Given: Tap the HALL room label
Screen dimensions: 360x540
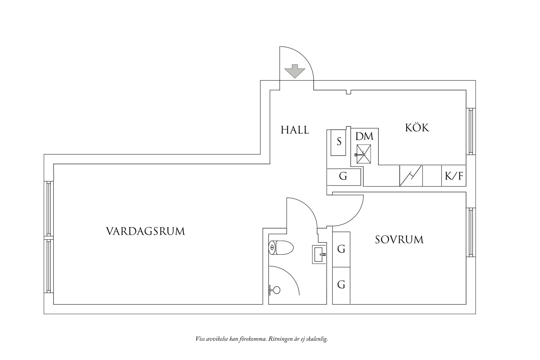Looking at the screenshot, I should tap(295, 130).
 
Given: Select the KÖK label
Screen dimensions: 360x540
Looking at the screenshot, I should tap(417, 128).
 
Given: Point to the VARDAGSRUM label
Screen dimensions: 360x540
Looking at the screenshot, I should tap(145, 231).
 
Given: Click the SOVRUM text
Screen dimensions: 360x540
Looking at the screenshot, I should tap(399, 240).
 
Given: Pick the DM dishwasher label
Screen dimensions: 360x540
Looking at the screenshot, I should tap(364, 136).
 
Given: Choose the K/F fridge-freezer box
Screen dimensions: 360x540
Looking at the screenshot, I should tap(454, 176).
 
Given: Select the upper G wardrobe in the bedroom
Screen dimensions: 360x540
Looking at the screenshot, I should tap(341, 249).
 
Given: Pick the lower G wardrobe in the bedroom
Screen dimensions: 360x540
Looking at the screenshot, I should tap(341, 285).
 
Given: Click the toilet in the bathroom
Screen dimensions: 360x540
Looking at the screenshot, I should tap(281, 248).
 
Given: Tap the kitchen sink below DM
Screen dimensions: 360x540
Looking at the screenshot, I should tap(363, 154).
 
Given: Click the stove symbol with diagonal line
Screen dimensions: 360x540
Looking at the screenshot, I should tap(411, 176).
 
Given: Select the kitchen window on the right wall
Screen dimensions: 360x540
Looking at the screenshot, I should tap(471, 132).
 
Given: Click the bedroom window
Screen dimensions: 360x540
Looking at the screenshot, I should tap(471, 232).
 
